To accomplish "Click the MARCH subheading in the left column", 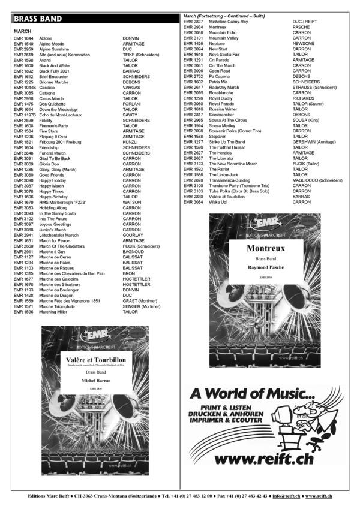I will pos(22,31).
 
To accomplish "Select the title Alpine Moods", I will pos(52,44).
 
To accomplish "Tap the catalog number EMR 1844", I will pos(23,38).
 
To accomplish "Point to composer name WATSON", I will pos(132,202).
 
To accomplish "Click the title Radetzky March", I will pos(224,88).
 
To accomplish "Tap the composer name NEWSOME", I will pos(304,44).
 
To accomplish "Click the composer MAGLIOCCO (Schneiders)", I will pos(319,180).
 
